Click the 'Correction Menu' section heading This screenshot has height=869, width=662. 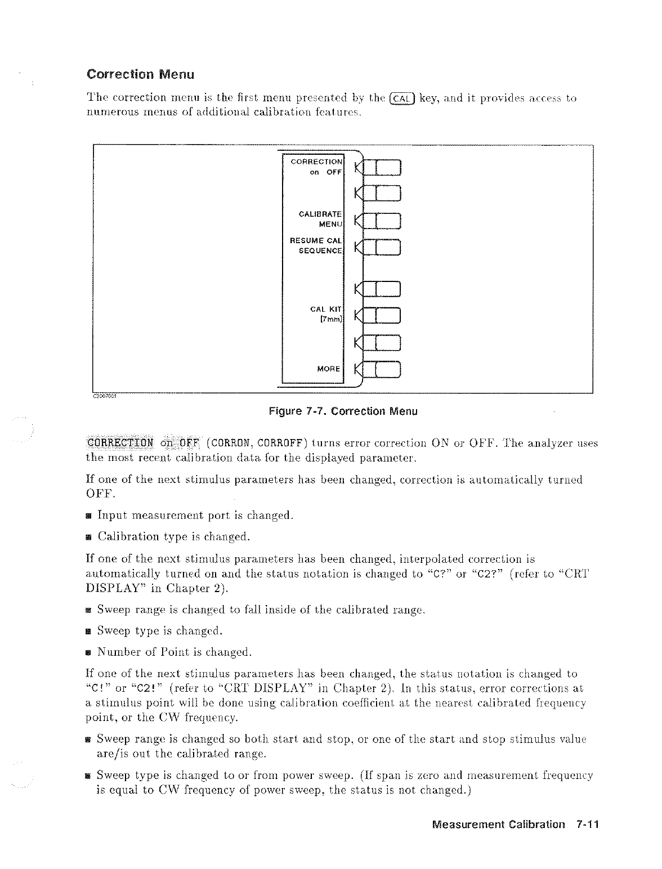coord(140,74)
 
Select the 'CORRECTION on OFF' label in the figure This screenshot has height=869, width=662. coord(316,167)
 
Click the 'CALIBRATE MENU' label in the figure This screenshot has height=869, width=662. coord(320,219)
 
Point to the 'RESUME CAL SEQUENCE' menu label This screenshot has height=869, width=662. coord(316,245)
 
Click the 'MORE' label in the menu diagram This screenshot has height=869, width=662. coord(329,369)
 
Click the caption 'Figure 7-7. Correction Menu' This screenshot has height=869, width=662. coord(343,411)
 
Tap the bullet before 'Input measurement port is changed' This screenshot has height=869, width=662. coord(89,516)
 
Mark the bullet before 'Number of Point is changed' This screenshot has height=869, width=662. coord(89,653)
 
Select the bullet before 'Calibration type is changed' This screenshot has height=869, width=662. coord(89,537)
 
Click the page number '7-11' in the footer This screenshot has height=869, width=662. coord(587,825)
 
